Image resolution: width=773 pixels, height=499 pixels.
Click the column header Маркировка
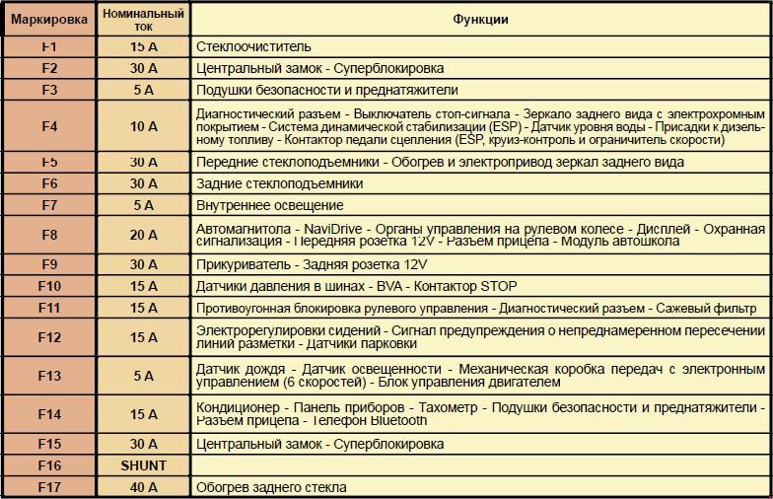[x=48, y=20]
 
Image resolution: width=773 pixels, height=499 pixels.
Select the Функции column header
[x=480, y=20]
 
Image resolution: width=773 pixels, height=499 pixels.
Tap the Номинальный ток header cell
[x=144, y=20]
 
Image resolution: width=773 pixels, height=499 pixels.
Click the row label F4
[x=49, y=126]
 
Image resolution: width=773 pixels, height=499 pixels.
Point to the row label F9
[x=49, y=264]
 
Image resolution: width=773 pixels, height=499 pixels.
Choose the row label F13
[x=49, y=376]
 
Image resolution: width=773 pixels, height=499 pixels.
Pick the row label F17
[x=49, y=486]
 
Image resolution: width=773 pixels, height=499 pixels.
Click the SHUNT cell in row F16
[x=144, y=465]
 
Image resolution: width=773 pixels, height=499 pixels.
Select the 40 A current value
[x=144, y=486]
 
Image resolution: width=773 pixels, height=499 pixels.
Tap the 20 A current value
[x=144, y=235]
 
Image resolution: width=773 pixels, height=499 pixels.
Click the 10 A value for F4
[x=144, y=126]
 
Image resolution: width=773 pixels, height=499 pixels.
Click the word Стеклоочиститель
[x=253, y=46]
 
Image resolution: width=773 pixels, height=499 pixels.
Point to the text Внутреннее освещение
[x=270, y=205]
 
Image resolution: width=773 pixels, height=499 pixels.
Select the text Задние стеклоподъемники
[x=280, y=183]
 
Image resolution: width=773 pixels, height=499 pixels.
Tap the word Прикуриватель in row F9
[x=243, y=264]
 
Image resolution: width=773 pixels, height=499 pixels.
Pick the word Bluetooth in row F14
[x=396, y=420]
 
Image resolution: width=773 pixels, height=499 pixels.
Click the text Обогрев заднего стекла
[x=271, y=486]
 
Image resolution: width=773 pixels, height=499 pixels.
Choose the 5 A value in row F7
[x=144, y=205]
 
